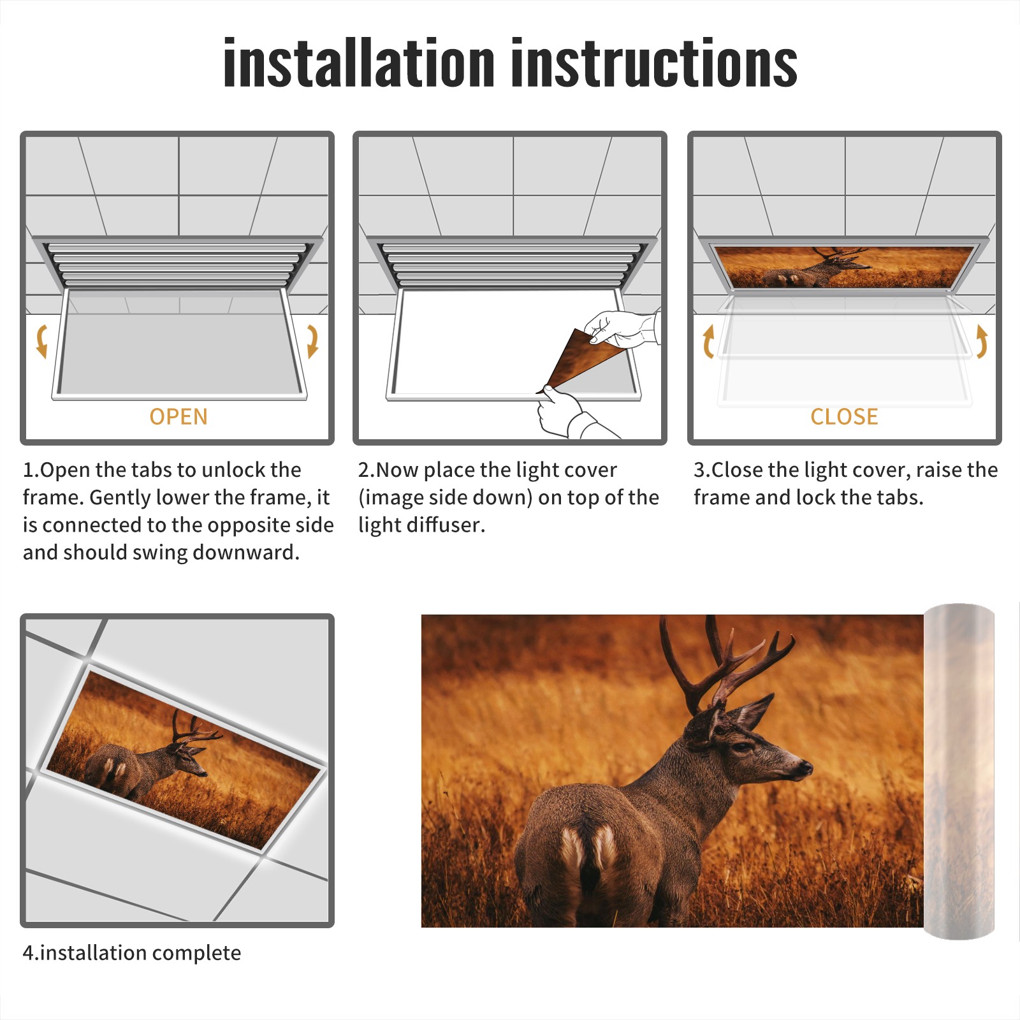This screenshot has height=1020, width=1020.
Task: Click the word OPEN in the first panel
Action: [178, 416]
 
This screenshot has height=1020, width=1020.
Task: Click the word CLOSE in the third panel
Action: [844, 416]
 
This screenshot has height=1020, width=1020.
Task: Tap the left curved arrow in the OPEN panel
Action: [42, 341]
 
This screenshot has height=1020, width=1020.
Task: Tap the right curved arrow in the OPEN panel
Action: [312, 341]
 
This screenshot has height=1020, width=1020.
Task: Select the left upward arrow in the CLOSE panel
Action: [708, 341]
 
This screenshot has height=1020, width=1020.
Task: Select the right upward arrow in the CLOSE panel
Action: [982, 341]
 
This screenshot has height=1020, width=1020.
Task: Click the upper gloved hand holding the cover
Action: [622, 328]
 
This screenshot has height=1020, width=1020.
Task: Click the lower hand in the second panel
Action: [571, 414]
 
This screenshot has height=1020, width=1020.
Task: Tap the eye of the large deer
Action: [741, 745]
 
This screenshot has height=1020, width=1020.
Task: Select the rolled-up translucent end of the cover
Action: [959, 771]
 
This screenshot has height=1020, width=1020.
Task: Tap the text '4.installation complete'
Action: [132, 952]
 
